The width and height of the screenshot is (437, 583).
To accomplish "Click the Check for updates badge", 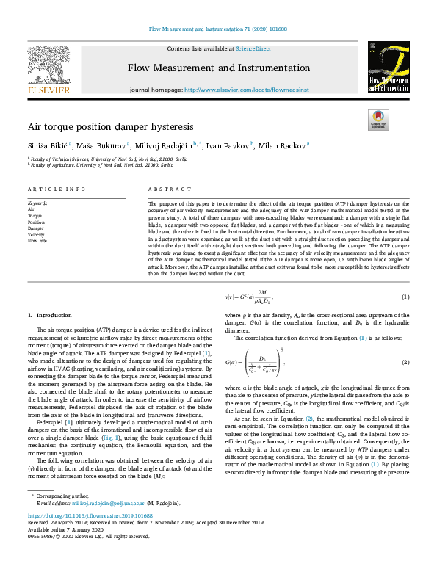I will pyautogui.click(x=378, y=119).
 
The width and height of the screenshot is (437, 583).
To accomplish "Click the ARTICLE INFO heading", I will pyautogui.click(x=54, y=189).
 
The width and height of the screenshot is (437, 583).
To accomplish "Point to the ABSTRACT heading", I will pyautogui.click(x=165, y=189).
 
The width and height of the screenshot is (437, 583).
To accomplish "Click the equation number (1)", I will pyautogui.click(x=404, y=296).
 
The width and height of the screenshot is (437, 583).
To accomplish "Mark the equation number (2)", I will pyautogui.click(x=404, y=363).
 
